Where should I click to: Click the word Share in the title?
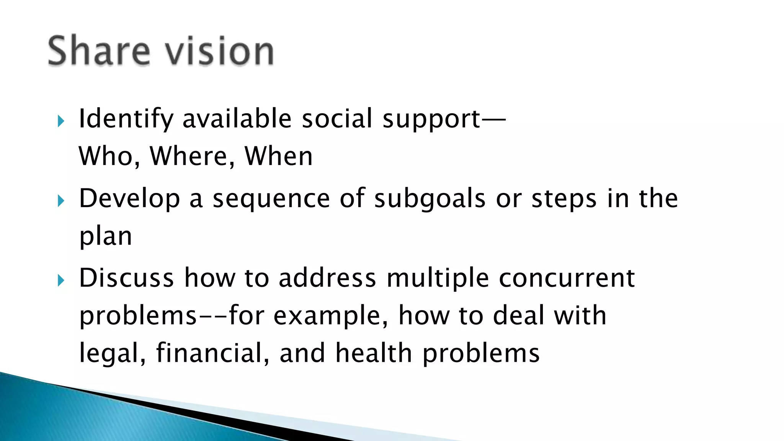(99, 51)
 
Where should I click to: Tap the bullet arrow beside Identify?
(60, 121)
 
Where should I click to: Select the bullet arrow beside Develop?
(60, 201)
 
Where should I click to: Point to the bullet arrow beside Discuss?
(60, 281)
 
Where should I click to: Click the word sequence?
(271, 199)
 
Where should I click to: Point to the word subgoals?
(430, 199)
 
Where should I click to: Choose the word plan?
(106, 237)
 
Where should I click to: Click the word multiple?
(438, 278)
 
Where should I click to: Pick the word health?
(373, 353)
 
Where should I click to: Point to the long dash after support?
(494, 119)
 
